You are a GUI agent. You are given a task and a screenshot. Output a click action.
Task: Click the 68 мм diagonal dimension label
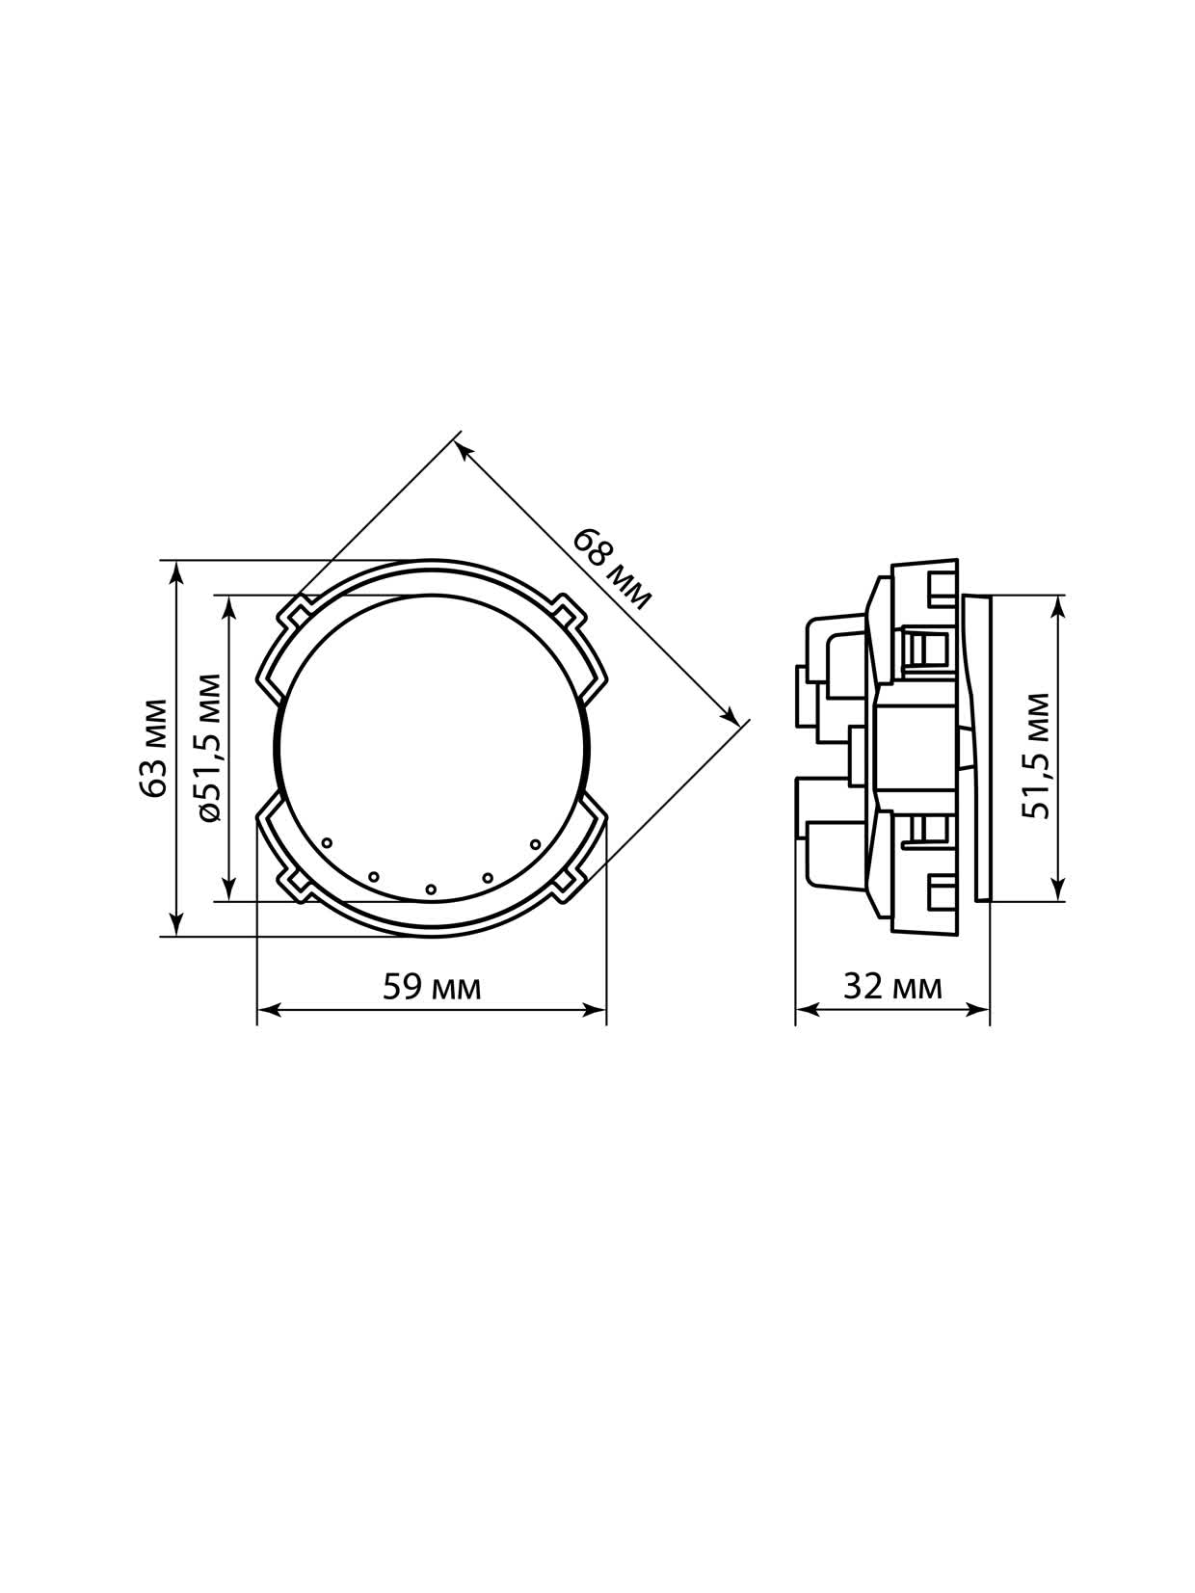coord(613,569)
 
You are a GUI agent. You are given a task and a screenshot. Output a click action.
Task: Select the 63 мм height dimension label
coord(155,748)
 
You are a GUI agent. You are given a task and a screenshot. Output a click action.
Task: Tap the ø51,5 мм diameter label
coord(209,748)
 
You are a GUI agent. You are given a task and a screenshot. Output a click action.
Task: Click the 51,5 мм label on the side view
coord(1036,757)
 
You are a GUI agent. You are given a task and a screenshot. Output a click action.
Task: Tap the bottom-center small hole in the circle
coord(431,889)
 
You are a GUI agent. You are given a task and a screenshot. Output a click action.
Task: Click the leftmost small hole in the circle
coord(328,842)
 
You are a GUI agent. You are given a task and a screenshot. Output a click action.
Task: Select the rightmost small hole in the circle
coord(536,844)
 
